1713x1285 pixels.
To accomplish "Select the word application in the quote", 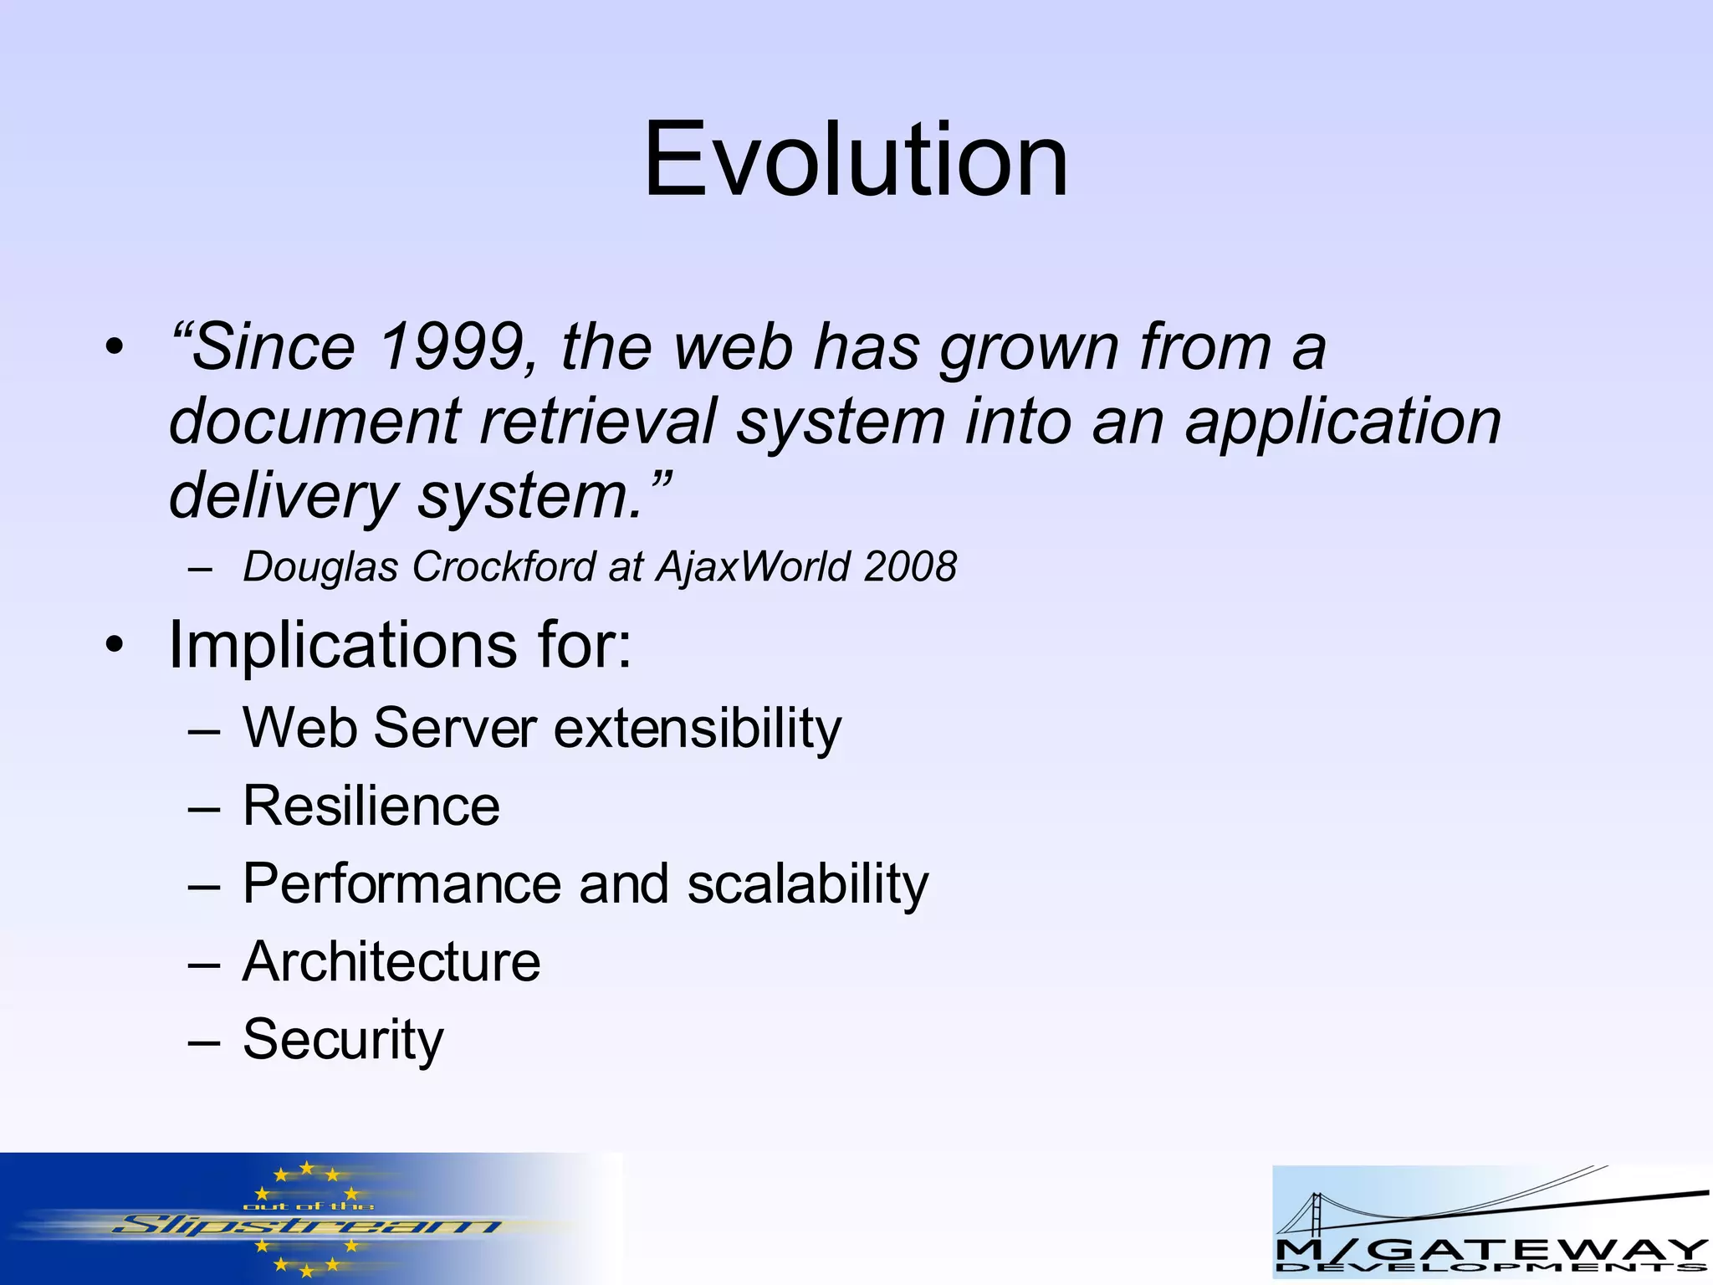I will (x=1342, y=422).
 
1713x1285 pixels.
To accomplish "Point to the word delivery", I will (x=283, y=497).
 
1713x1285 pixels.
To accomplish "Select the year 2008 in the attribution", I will (x=910, y=566).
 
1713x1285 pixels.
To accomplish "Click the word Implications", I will (x=343, y=646).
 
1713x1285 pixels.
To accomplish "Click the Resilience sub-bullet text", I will (x=371, y=806).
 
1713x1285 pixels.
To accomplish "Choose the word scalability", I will (x=807, y=884).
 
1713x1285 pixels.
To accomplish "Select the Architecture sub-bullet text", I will (x=391, y=961).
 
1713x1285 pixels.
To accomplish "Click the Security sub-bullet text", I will (x=343, y=1040).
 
